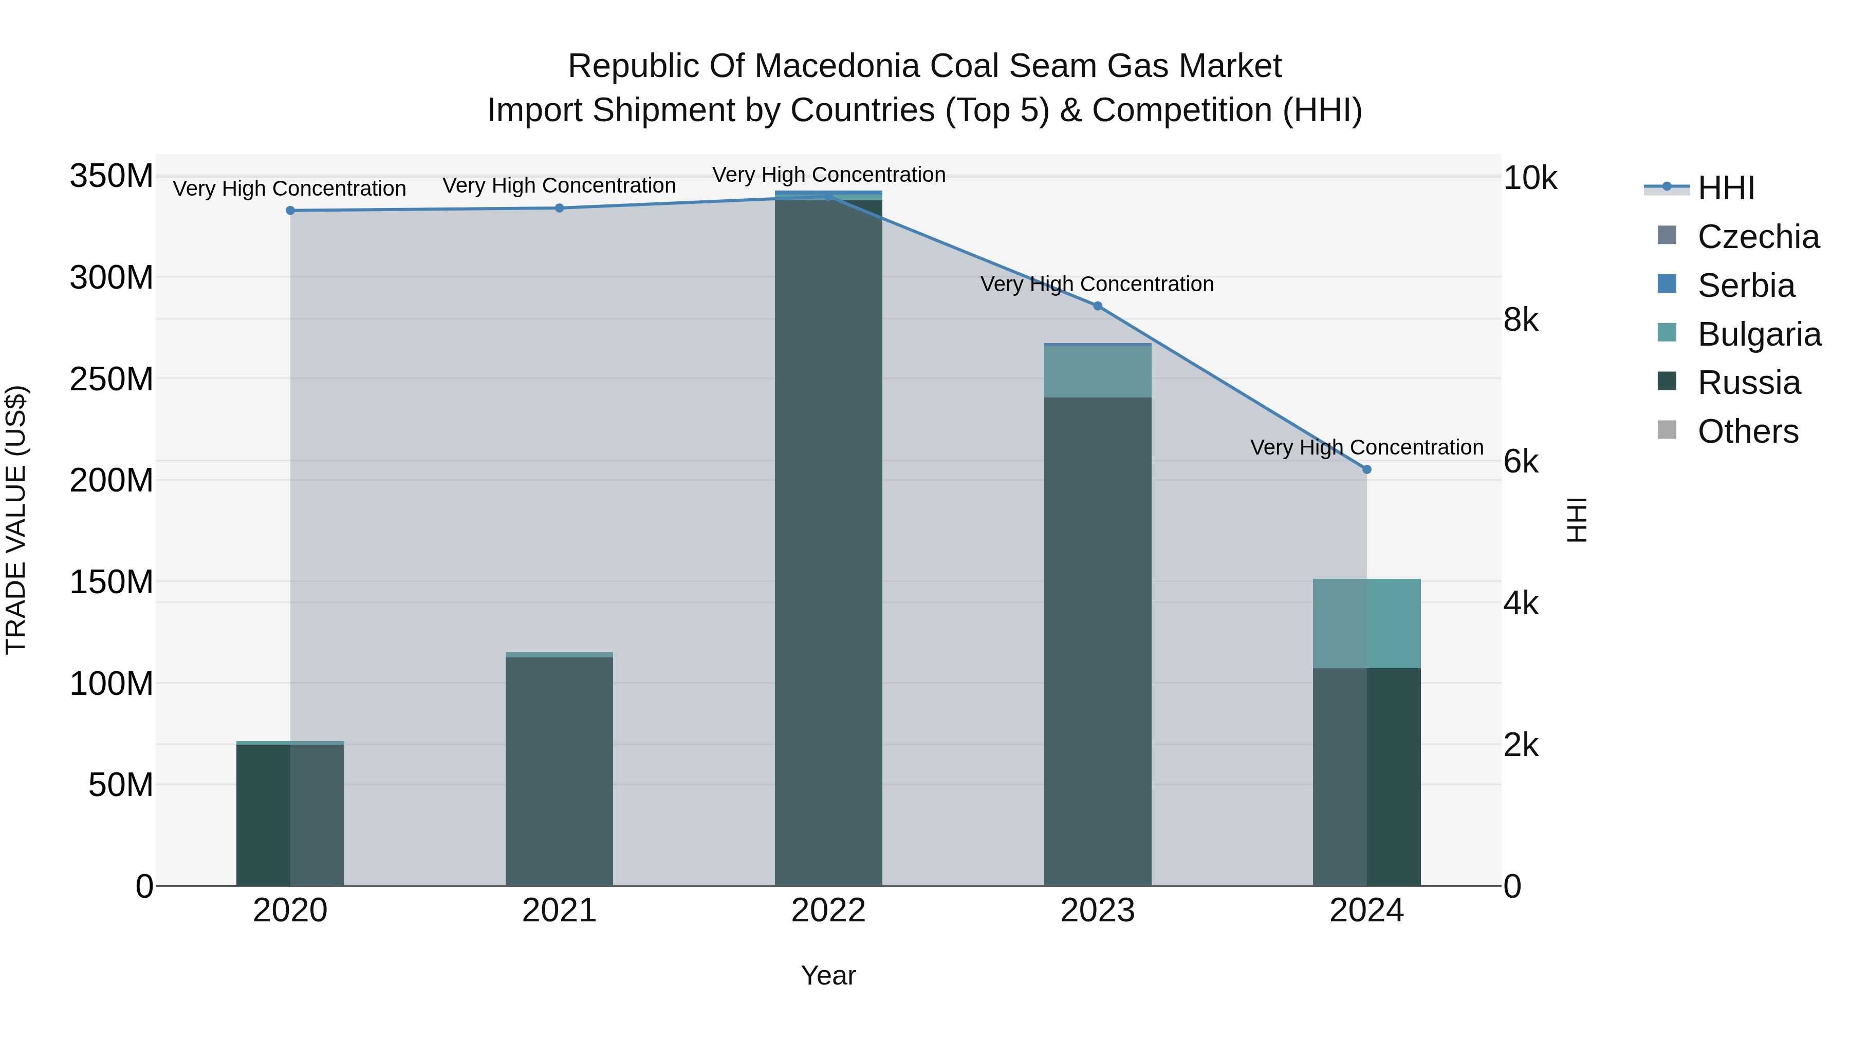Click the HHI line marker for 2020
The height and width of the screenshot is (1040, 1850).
tap(290, 210)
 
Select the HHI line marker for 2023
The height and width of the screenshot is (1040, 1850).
tap(1097, 306)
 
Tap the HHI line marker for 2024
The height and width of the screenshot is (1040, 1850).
tap(1366, 469)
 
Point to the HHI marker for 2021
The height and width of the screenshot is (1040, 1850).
tap(560, 208)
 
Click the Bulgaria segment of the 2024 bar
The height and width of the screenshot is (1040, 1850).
tap(1366, 623)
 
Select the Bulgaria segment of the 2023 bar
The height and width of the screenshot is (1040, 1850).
tap(1097, 372)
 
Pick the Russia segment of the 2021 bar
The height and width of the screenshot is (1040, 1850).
tap(560, 771)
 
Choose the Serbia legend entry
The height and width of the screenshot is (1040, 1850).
tap(1745, 285)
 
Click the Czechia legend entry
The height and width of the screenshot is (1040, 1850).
tap(1757, 236)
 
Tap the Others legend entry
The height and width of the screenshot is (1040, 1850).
tap(1747, 431)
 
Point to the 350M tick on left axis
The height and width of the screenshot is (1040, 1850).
tap(112, 176)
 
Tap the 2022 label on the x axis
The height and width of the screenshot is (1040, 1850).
tap(828, 911)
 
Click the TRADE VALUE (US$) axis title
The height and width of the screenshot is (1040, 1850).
tap(16, 520)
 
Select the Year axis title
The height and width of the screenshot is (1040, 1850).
tap(828, 975)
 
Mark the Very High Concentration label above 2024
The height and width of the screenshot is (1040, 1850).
tap(1366, 447)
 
